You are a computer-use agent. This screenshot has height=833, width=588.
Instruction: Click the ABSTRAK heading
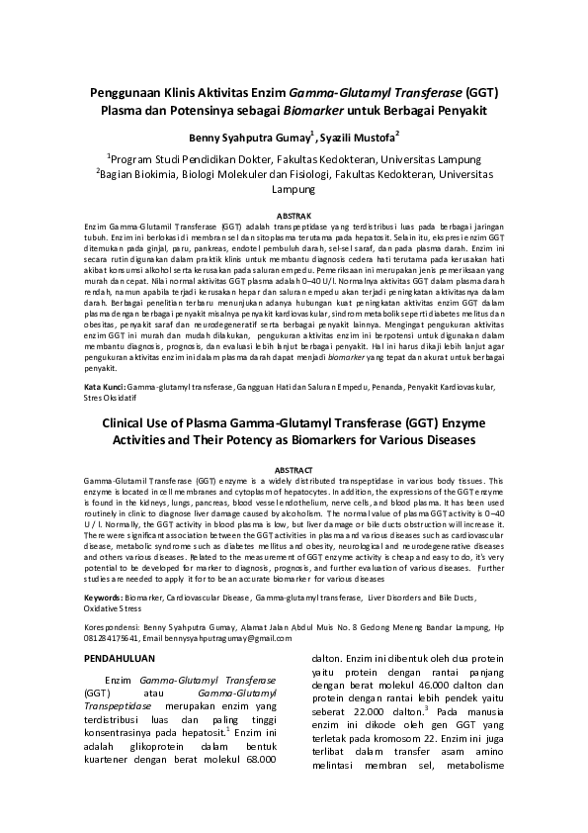(x=294, y=215)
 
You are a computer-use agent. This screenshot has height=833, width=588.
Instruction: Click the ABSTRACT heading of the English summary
(x=294, y=469)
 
